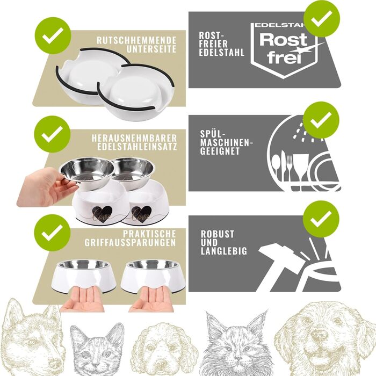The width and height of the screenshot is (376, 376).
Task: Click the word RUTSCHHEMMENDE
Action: point(136,40)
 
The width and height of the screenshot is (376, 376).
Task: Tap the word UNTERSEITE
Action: point(151,49)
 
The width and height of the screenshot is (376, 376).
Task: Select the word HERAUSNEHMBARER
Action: point(134,138)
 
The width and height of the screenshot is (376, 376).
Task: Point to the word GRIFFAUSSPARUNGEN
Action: point(130,242)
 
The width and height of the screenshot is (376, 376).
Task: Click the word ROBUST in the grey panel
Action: point(217,234)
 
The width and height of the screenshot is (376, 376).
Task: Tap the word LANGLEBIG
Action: point(224,251)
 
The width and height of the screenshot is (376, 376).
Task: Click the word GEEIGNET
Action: point(220,151)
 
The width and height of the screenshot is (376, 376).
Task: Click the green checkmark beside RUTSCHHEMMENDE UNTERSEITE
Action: point(53,35)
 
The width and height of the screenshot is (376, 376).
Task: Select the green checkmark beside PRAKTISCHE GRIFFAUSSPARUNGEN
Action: point(52,233)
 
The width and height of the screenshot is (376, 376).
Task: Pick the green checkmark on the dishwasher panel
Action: point(321,120)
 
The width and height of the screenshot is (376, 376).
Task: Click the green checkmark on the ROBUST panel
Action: point(321,219)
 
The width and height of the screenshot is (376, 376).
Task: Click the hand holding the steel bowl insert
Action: point(46,187)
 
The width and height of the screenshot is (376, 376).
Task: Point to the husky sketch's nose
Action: point(54,364)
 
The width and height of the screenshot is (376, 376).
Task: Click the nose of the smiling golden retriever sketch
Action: point(319,334)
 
